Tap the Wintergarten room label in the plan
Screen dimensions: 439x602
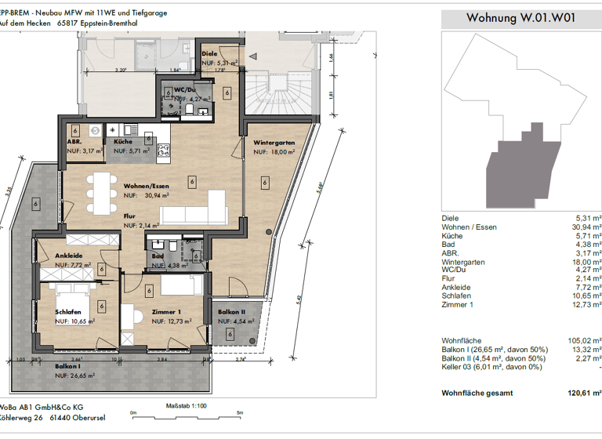coord(274,143)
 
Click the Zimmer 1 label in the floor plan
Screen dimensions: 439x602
coord(168,311)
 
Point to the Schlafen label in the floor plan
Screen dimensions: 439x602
coord(69,311)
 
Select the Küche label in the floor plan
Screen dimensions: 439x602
coord(122,142)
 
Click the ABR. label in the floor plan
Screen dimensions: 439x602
coord(76,142)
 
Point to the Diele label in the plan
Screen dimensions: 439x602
coord(209,54)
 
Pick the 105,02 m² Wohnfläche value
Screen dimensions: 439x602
coord(586,340)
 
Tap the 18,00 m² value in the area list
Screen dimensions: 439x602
coord(586,263)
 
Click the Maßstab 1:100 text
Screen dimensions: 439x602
coord(187,406)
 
